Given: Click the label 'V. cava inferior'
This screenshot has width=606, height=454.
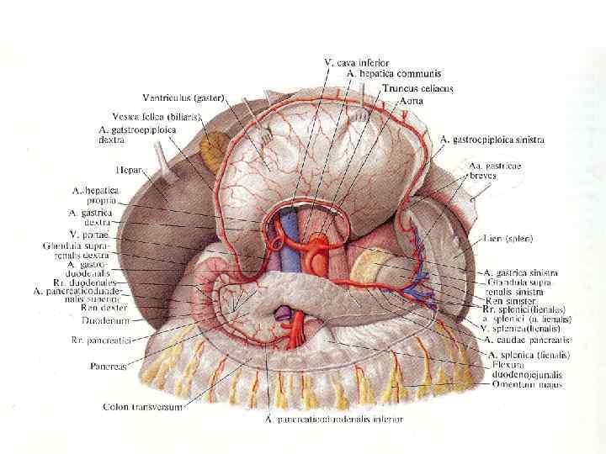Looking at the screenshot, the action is [x=356, y=62].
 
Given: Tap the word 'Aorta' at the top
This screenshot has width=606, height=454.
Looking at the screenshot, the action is [x=410, y=100].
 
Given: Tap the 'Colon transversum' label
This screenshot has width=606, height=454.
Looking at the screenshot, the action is [x=141, y=406].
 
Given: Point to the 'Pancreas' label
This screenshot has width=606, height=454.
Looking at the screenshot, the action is [x=110, y=367].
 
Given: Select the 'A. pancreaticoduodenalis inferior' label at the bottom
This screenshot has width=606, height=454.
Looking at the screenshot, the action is [x=333, y=419].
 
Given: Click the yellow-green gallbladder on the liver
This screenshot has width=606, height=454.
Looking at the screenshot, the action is [x=211, y=152].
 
